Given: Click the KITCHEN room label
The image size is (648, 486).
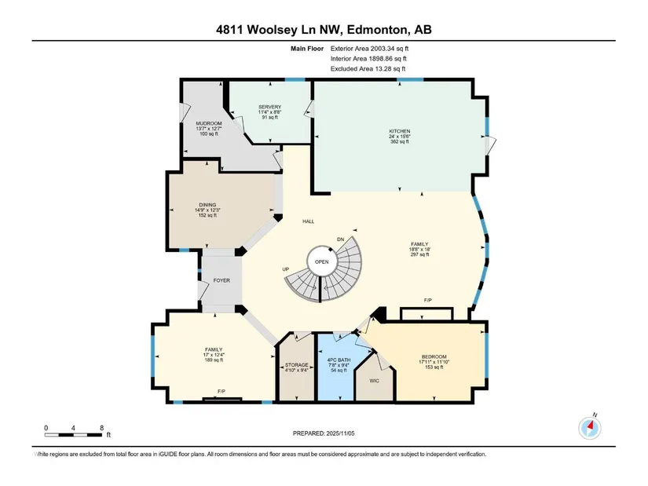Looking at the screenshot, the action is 399,131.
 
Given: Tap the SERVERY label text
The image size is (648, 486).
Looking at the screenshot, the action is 270,107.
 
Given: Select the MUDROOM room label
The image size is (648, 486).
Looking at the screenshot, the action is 209,123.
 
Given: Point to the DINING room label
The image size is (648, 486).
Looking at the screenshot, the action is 207,205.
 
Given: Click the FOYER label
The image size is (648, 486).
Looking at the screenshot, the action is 221,280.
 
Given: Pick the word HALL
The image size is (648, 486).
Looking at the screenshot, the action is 309,221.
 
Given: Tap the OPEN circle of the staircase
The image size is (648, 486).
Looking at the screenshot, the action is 322,261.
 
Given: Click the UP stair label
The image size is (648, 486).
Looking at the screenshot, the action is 286,269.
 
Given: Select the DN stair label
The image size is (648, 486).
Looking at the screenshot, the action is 341,239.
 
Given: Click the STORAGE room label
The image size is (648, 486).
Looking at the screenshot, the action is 296,365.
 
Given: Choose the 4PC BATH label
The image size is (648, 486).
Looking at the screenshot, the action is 339,360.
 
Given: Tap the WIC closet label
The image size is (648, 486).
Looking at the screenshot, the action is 375,381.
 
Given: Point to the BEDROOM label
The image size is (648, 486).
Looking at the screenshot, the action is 434,356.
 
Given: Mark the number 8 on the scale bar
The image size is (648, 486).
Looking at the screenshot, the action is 101,428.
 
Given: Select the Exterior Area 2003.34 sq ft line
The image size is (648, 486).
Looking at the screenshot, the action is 369,49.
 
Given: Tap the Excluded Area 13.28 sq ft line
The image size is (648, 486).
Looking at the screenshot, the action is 368,68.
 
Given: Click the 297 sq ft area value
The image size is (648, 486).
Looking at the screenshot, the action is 419,254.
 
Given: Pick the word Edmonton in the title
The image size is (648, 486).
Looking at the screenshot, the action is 376,30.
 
